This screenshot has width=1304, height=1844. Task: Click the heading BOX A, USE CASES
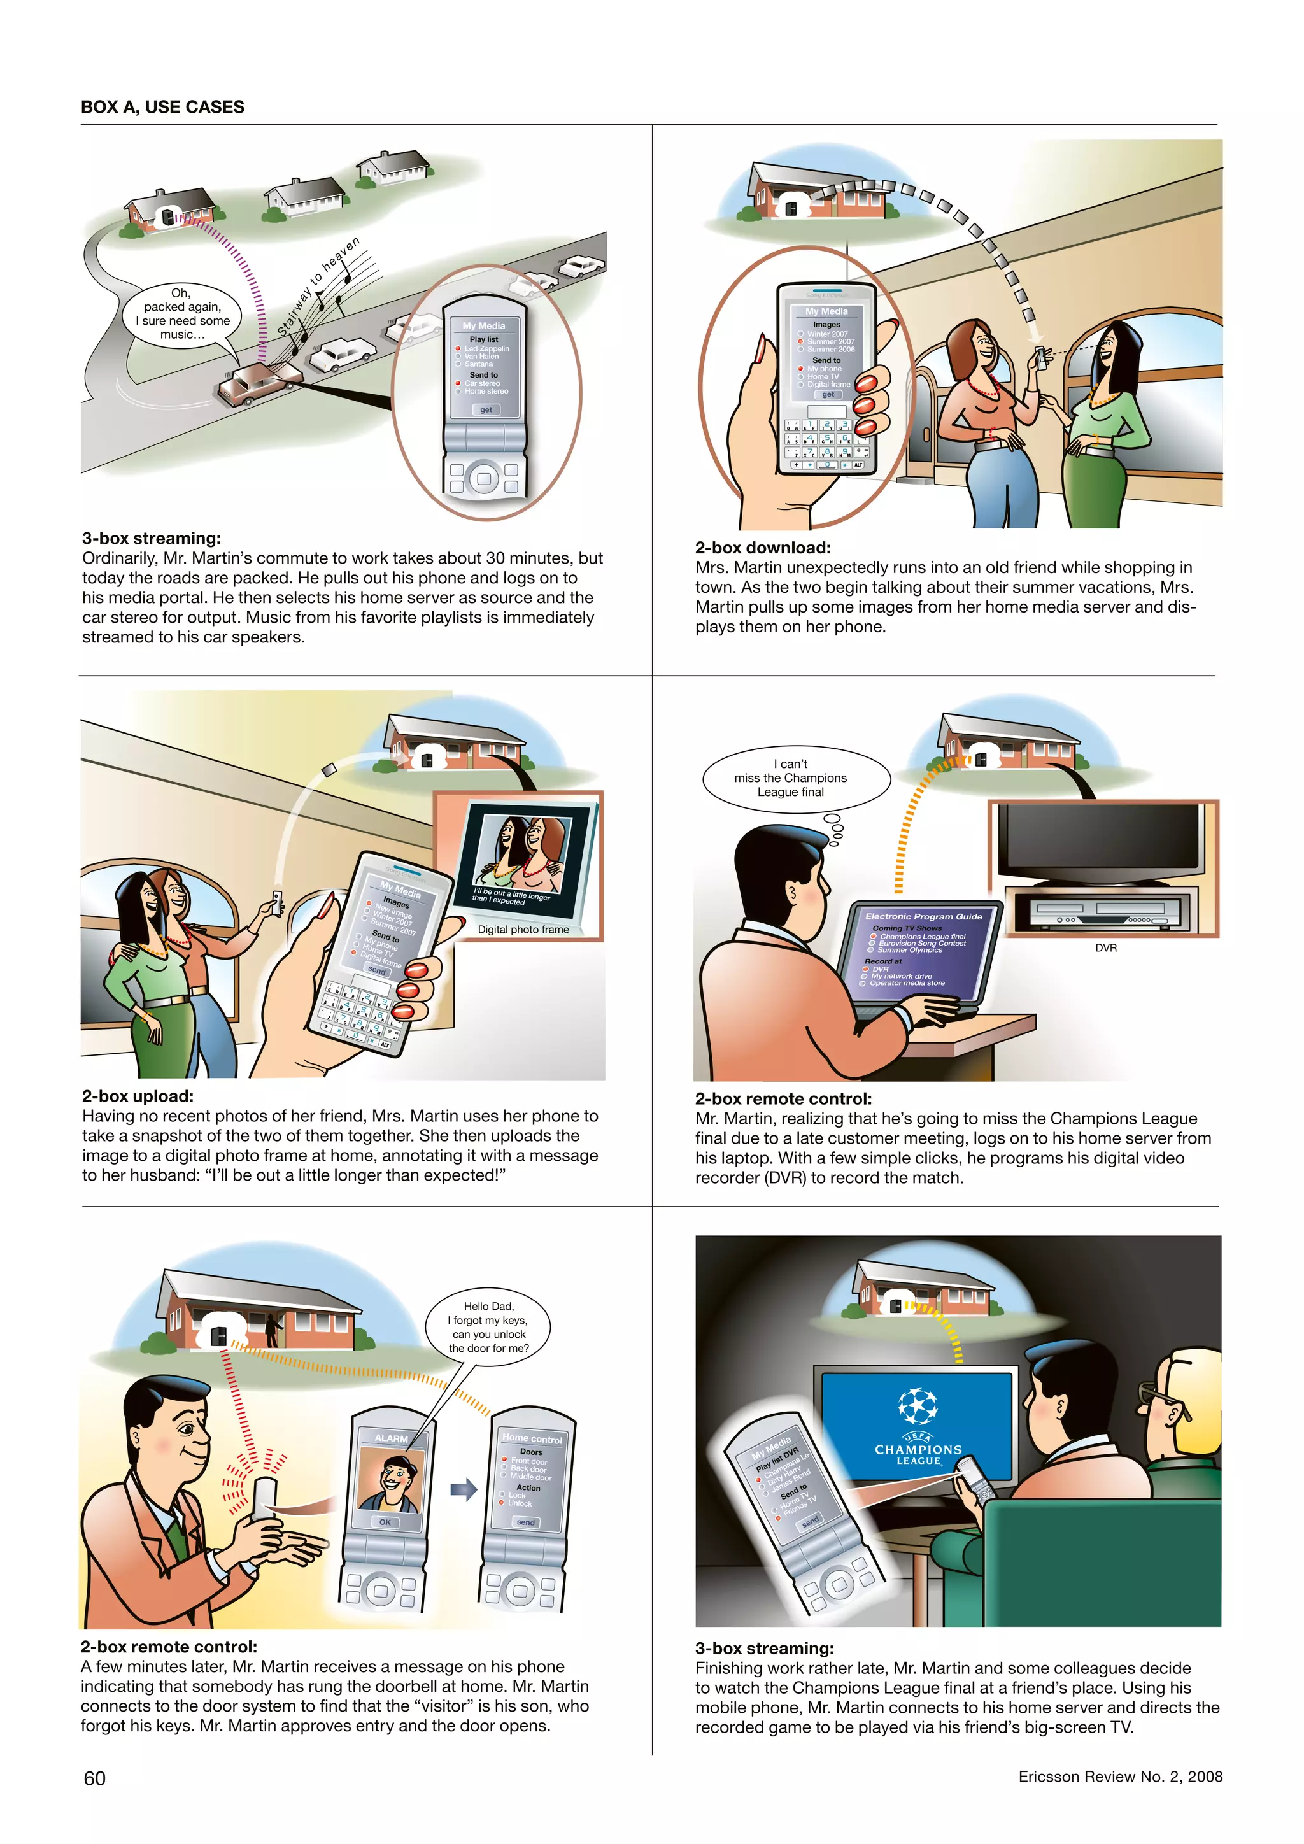click(162, 107)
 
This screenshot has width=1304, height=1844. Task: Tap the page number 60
click(95, 1778)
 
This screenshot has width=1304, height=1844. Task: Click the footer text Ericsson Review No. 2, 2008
click(1120, 1777)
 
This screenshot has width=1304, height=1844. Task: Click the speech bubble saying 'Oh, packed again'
click(181, 314)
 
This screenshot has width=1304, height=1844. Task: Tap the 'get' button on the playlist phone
click(486, 409)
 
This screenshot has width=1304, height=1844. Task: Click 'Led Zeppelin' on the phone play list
click(486, 348)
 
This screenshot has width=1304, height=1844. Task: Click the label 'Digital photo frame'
click(523, 929)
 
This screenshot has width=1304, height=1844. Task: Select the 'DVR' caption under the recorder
click(1106, 947)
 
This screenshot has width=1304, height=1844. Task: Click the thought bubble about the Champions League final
click(795, 777)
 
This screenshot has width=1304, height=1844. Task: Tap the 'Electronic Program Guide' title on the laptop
click(923, 916)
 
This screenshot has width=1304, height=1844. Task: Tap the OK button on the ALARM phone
click(385, 1522)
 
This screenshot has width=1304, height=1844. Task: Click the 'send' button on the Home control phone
click(526, 1522)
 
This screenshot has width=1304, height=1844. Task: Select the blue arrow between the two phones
click(464, 1491)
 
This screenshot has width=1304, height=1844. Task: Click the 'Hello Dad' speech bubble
click(488, 1327)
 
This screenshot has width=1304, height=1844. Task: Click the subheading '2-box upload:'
click(138, 1096)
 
